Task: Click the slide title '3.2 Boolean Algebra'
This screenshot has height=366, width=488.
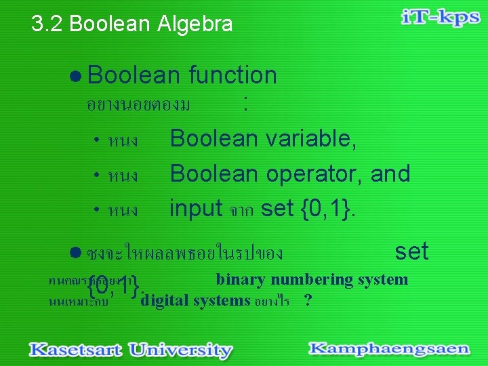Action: coord(132,24)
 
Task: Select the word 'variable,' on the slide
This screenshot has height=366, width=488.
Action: coord(311,138)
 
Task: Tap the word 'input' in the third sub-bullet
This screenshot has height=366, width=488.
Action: coord(196,207)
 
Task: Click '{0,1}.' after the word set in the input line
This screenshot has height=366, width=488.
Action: coord(325,207)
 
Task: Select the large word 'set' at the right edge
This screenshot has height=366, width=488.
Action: coord(411,251)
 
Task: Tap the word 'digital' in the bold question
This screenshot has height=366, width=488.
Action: coord(165,300)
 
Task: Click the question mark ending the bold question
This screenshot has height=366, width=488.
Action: coord(308,300)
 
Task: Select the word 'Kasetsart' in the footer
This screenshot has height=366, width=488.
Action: coord(75,350)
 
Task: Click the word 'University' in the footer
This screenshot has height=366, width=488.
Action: coord(180,350)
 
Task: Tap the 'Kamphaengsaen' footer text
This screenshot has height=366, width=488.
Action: coord(389,349)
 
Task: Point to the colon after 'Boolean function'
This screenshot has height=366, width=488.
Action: coord(245,104)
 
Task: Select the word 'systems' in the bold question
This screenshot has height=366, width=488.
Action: coord(222,300)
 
